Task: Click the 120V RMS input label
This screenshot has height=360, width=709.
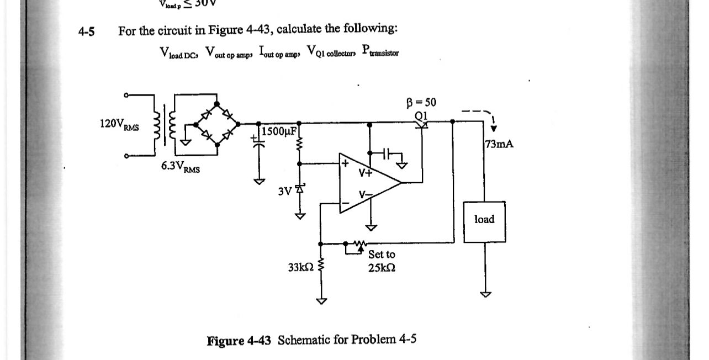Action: coord(118,124)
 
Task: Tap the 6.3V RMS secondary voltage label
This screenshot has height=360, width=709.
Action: coord(181,167)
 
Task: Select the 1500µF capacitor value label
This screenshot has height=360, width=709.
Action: coord(280,131)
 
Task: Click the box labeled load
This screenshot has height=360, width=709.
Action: coord(484,220)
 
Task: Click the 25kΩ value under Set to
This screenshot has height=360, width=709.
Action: coord(381,267)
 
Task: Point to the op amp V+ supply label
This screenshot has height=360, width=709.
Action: coord(366,172)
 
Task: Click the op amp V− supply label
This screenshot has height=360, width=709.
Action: coord(365,195)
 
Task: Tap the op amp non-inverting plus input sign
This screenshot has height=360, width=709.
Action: coord(345,164)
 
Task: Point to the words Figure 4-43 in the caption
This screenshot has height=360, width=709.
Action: coord(239,340)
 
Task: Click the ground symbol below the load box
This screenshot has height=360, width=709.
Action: coord(484,294)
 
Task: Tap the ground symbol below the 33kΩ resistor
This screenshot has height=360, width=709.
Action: coord(321,301)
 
